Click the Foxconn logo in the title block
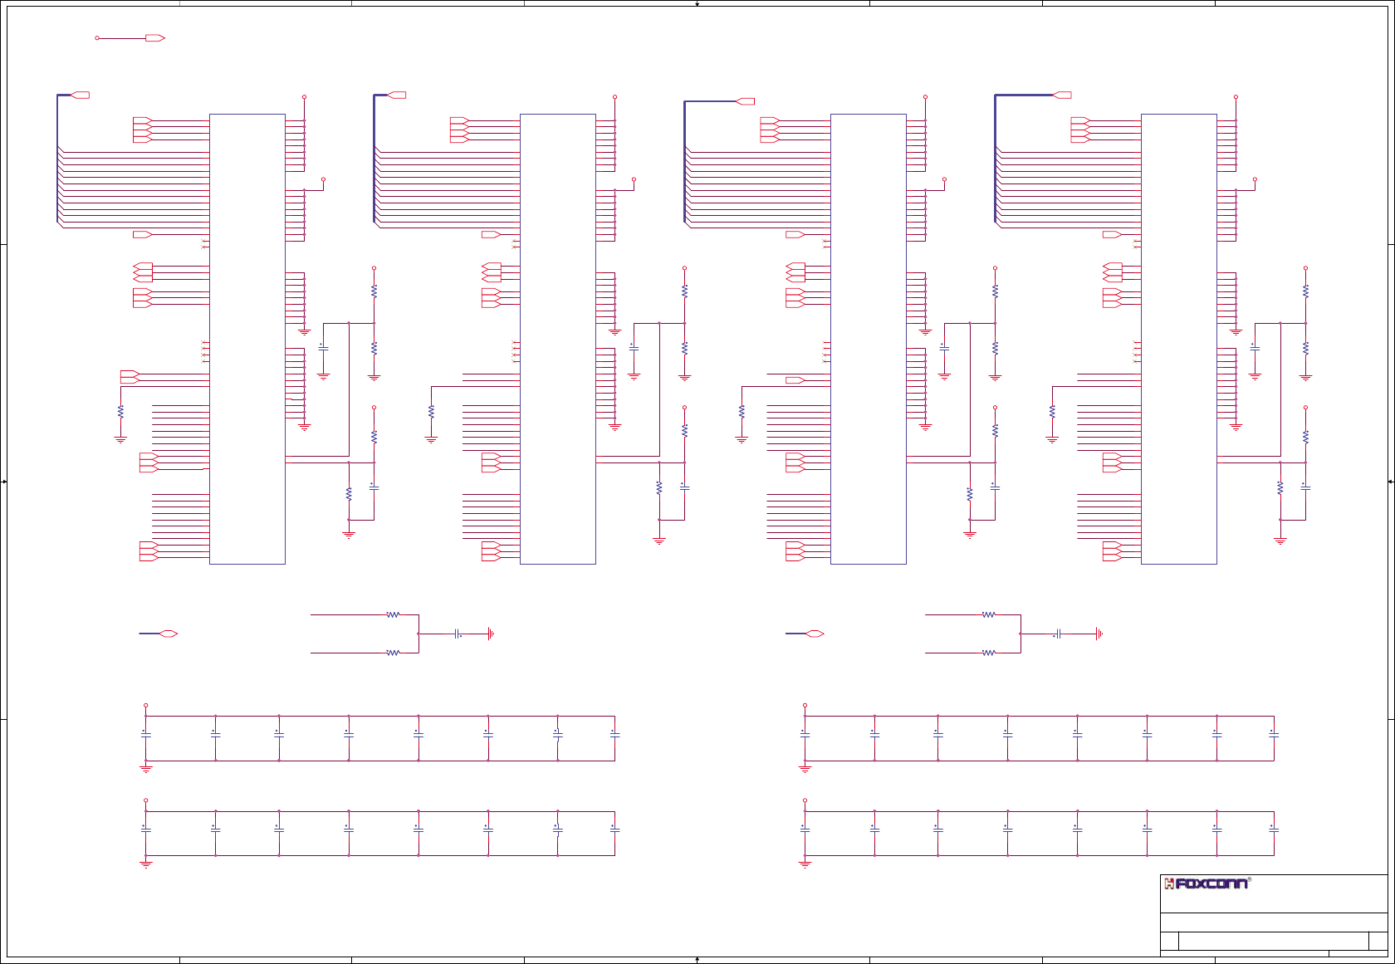click(1207, 883)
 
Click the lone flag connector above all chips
click(154, 38)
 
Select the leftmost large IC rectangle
click(247, 339)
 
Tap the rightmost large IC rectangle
click(1178, 339)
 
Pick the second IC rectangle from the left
click(557, 339)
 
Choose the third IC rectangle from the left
click(868, 339)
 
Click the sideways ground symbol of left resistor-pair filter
click(491, 634)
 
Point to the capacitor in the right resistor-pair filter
click(1058, 634)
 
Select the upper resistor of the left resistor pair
click(393, 615)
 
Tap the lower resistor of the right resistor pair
click(988, 653)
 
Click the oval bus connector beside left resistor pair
click(169, 634)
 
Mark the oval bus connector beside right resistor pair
click(815, 634)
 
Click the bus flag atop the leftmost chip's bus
click(81, 95)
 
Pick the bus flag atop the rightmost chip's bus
click(1062, 95)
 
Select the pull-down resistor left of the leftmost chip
click(120, 411)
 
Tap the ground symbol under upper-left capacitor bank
click(146, 769)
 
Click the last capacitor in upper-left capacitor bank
click(614, 734)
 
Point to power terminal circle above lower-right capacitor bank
click(805, 801)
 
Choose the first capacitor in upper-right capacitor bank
click(805, 734)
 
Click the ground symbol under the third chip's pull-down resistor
click(742, 439)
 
